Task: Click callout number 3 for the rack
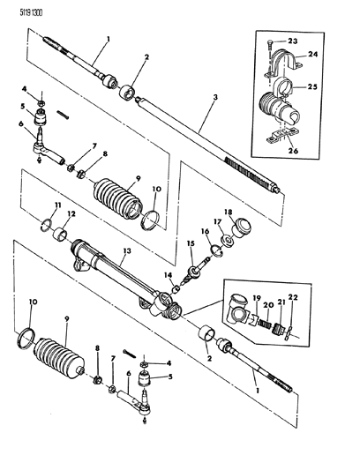pos(214,97)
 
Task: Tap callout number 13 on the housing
pos(127,250)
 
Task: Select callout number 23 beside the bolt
pos(293,41)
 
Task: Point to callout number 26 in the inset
pos(294,151)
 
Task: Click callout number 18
pos(228,213)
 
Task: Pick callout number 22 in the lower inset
pos(293,297)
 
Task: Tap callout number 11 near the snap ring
pos(58,205)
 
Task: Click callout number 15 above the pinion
pos(191,243)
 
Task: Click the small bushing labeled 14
pos(176,289)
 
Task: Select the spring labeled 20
pos(265,325)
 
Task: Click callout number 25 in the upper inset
pos(312,86)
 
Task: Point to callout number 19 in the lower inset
pos(257,298)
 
